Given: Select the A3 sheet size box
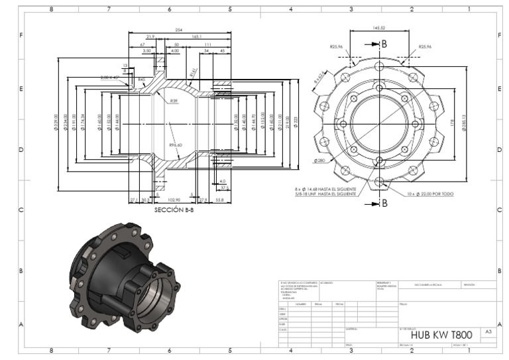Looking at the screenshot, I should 488,331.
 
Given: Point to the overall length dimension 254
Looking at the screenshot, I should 178,30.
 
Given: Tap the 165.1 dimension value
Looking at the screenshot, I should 197,37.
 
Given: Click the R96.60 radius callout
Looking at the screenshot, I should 175,145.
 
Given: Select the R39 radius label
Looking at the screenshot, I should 174,101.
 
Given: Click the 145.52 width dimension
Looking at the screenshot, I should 380,29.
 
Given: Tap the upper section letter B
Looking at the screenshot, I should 384,44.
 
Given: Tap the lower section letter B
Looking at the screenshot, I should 384,203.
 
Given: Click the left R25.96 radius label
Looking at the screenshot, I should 337,47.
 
